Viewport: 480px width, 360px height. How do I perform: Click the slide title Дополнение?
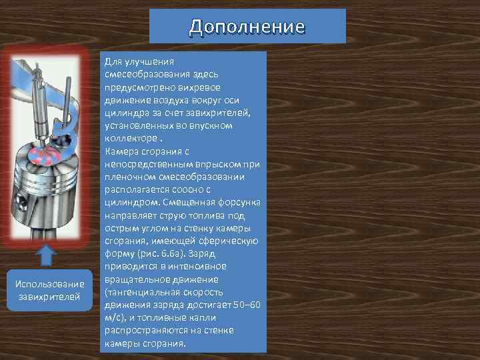click(x=247, y=27)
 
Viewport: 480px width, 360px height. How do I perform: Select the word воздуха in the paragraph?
click(x=169, y=99)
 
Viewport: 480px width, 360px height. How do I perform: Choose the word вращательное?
click(x=141, y=279)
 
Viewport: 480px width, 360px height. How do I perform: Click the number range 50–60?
click(x=246, y=305)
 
